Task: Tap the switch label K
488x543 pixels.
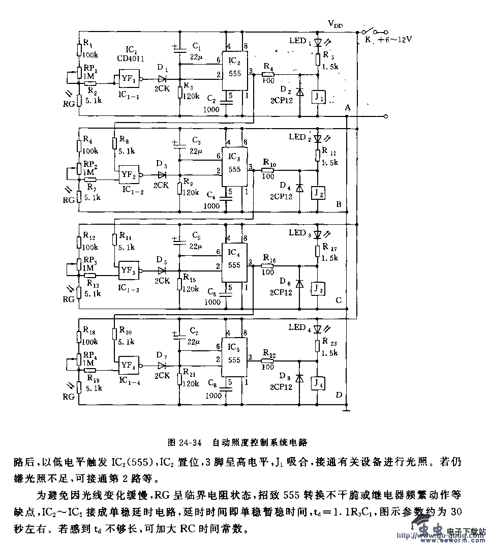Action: coord(367,42)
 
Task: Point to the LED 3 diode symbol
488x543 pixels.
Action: coord(317,234)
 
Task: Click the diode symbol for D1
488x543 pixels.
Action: coord(163,79)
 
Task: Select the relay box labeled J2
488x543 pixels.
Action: coord(317,193)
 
